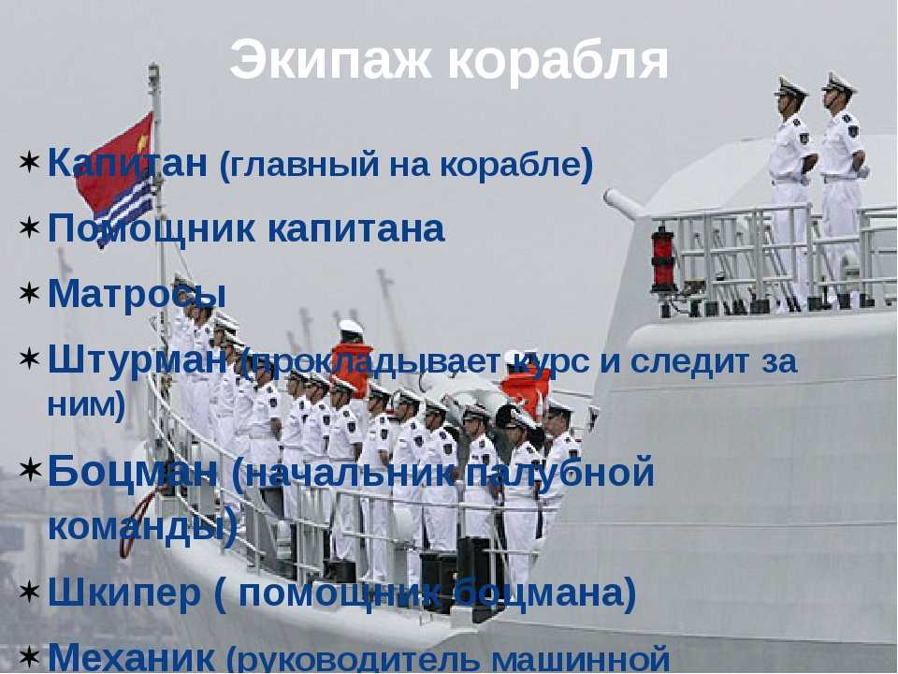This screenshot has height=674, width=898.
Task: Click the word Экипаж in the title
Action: pos(330,60)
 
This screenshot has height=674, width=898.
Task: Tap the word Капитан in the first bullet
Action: pos(128,162)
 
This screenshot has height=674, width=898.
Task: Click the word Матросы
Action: pos(137,293)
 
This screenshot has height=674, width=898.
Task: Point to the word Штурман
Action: pos(138,361)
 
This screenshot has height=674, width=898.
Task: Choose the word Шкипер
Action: pos(124,593)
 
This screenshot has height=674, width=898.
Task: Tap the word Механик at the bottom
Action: pos(132,657)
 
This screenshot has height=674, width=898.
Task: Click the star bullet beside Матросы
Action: pos(29,293)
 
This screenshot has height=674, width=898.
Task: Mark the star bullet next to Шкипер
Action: pos(29,591)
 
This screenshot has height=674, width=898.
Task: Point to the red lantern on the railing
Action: pos(663,259)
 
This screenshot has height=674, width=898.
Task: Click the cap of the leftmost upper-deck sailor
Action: pos(789,86)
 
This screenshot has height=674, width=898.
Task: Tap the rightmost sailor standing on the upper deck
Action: pos(841,189)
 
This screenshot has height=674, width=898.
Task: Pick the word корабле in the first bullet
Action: pos(510,165)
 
